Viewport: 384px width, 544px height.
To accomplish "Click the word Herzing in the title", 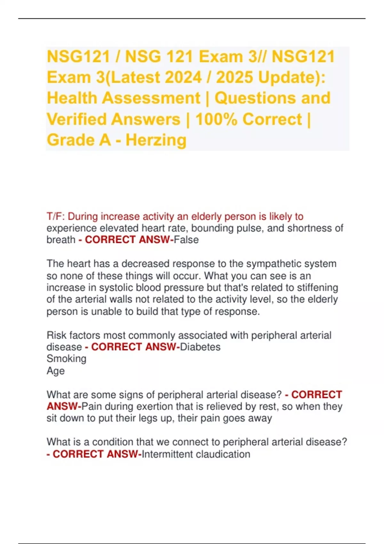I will (x=156, y=140).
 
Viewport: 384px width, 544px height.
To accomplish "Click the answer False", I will (x=186, y=240).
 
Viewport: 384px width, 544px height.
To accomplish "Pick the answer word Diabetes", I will (x=200, y=347).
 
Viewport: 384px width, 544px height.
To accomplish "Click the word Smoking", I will (x=67, y=359).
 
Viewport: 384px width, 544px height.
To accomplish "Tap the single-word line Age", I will (x=56, y=371).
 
